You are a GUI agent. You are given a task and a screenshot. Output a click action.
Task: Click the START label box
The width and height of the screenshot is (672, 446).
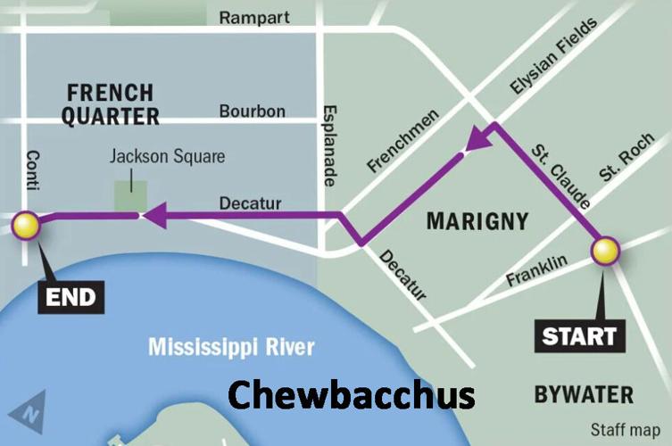[x=579, y=336]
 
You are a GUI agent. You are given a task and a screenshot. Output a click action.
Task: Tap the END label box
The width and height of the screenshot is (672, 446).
[x=71, y=297]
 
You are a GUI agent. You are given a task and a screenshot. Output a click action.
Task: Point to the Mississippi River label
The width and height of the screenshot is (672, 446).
[x=230, y=346]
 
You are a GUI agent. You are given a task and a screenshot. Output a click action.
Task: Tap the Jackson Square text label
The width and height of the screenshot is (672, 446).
[x=167, y=157]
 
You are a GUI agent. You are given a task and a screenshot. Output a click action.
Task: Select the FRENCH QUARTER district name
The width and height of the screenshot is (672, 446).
[x=112, y=103]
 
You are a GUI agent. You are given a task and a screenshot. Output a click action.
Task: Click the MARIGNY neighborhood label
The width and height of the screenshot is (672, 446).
[x=477, y=220]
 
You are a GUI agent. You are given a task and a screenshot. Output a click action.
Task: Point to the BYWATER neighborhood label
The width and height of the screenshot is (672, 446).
[x=584, y=394]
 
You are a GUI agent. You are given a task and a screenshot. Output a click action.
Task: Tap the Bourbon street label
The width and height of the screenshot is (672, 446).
[x=252, y=111]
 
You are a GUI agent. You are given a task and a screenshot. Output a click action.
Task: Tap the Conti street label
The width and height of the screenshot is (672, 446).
[x=34, y=169]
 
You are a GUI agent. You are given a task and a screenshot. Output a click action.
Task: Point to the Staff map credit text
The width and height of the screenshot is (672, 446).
[x=625, y=430]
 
